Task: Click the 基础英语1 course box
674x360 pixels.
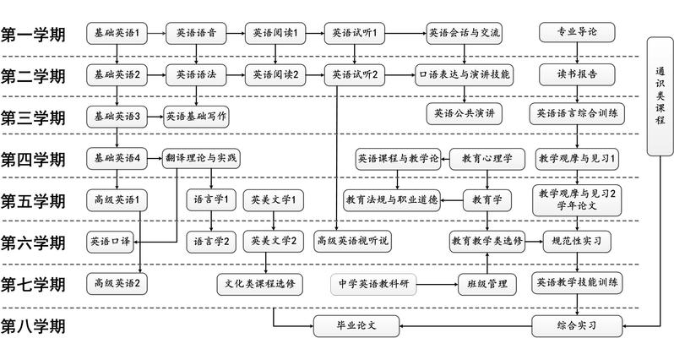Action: [x=117, y=34]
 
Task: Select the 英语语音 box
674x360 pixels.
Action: [x=195, y=34]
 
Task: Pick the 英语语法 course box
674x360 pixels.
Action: [x=196, y=74]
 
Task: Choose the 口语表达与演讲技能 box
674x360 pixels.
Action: [x=465, y=74]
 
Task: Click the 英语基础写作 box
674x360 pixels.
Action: [x=197, y=115]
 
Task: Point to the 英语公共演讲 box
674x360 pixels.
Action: [x=464, y=113]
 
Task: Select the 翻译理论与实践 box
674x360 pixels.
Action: [x=202, y=157]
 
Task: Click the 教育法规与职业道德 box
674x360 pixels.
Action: [x=391, y=199]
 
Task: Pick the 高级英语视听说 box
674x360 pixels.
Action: [x=353, y=241]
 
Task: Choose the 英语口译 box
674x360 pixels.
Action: [x=110, y=241]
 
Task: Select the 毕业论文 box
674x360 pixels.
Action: [x=356, y=324]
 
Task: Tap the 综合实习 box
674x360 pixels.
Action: [x=578, y=324]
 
